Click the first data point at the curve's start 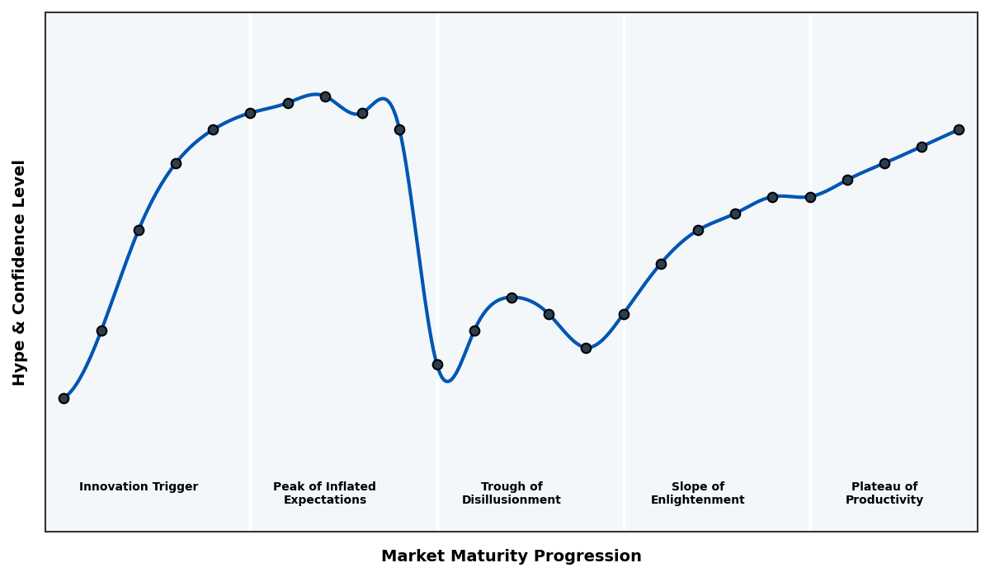coord(64,398)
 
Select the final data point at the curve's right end coord(959,129)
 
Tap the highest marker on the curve coord(325,96)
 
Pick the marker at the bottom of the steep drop coord(437,364)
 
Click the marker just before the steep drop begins coord(399,129)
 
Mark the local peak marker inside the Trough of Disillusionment coord(511,298)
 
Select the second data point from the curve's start coord(101,331)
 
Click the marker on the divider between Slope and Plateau coord(810,197)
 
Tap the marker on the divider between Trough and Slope coord(624,314)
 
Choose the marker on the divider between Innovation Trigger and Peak coord(250,113)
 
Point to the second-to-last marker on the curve coord(922,147)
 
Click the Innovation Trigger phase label coord(139,487)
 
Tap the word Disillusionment coord(511,500)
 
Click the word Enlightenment coord(698,500)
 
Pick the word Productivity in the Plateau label coord(884,500)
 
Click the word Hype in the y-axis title coord(20,366)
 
